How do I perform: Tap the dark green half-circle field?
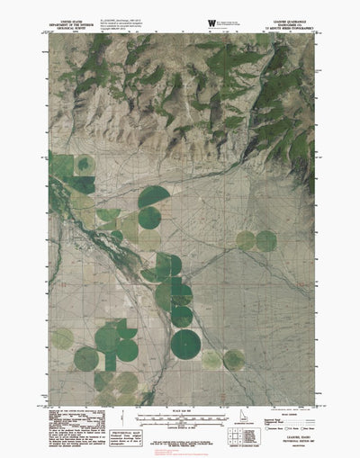coord(155,196)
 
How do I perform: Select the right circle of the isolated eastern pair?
coord(266,240)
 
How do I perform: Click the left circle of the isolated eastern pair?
coord(246,240)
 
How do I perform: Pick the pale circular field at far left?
coord(62,338)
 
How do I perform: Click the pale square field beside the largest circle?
coord(211,359)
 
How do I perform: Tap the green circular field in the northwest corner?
coord(84,165)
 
